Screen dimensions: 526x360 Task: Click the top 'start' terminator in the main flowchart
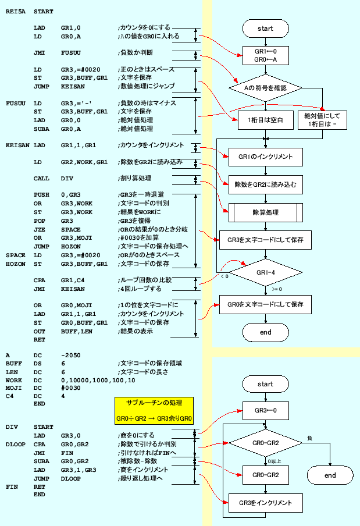tap(265, 27)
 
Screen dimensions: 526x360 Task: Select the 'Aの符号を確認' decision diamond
tap(265, 88)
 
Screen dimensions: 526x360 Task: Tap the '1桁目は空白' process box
tap(265, 120)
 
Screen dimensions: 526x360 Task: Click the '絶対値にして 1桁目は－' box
tap(320, 120)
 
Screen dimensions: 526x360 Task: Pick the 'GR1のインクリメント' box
tap(265, 157)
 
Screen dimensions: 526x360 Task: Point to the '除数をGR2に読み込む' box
tap(265, 184)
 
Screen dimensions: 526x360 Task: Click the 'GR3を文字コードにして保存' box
tap(265, 239)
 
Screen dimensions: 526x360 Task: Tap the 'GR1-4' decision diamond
tap(265, 271)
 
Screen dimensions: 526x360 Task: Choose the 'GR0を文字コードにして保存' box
tap(265, 304)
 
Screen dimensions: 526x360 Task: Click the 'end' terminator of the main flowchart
tap(265, 332)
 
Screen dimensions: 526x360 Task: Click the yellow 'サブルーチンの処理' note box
tap(154, 410)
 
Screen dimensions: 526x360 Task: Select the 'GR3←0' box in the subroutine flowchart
tap(265, 410)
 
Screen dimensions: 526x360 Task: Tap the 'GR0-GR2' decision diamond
tap(265, 443)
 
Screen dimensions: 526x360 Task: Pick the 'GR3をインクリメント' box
tap(265, 502)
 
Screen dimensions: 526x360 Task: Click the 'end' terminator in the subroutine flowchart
tap(330, 475)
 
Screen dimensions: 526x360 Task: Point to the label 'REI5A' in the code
tap(16, 12)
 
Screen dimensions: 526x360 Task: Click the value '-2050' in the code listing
tap(71, 354)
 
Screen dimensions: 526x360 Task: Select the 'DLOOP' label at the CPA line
tap(16, 444)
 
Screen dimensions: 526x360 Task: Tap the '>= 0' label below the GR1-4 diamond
tap(277, 289)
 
